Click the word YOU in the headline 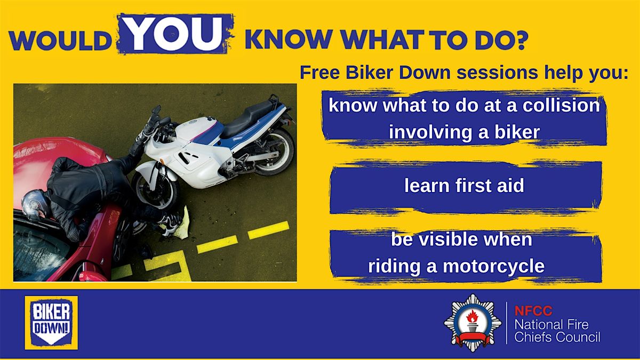(174, 34)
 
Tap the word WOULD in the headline (60, 41)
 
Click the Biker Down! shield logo (51, 323)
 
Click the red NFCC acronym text (533, 311)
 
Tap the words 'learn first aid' (465, 186)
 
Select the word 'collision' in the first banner (562, 105)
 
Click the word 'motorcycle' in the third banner (494, 266)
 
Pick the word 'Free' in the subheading (319, 73)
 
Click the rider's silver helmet (34, 204)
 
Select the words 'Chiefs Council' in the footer (557, 337)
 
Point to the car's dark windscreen (40, 251)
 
